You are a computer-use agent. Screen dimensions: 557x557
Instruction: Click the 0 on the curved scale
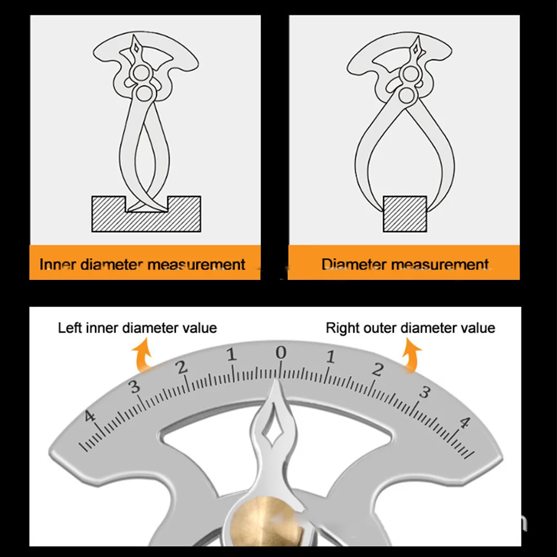[280, 352]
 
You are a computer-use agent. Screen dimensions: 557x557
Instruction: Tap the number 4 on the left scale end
[90, 417]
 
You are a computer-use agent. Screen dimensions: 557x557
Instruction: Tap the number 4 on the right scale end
[463, 422]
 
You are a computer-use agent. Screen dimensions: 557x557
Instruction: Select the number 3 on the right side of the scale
[425, 392]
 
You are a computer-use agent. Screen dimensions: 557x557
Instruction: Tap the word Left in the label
[71, 328]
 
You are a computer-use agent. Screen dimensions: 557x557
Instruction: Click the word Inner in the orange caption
[58, 264]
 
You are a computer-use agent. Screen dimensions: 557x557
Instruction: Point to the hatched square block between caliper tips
[405, 214]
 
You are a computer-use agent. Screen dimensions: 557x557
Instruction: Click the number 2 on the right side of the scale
[378, 369]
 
